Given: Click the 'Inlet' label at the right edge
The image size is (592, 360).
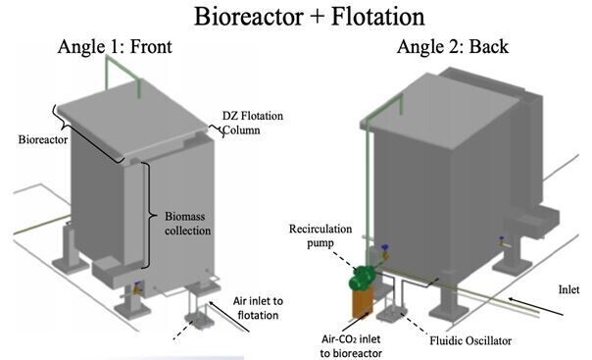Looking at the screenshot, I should (572, 291).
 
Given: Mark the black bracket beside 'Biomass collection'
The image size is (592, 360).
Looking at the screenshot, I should (147, 216).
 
